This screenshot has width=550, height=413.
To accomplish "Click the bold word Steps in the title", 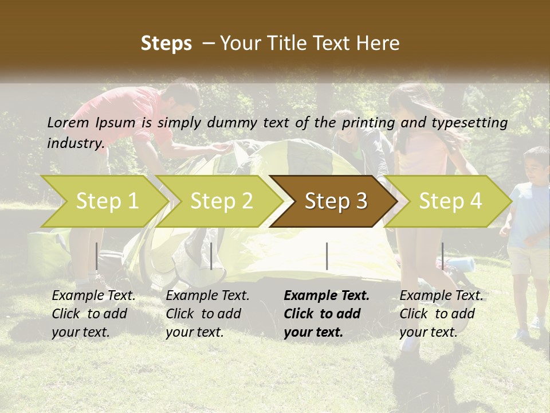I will click(x=166, y=44).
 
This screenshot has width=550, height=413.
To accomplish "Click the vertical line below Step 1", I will click(x=97, y=256).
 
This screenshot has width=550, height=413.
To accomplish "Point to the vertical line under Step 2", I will click(x=211, y=256).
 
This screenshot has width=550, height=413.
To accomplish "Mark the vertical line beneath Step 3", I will click(x=327, y=256).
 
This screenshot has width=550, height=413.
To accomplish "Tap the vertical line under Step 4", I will click(x=442, y=256).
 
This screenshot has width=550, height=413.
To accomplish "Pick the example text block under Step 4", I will click(x=441, y=314).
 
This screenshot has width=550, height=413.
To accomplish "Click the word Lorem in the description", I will click(x=68, y=122).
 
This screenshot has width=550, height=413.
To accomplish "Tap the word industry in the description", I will click(x=76, y=143).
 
